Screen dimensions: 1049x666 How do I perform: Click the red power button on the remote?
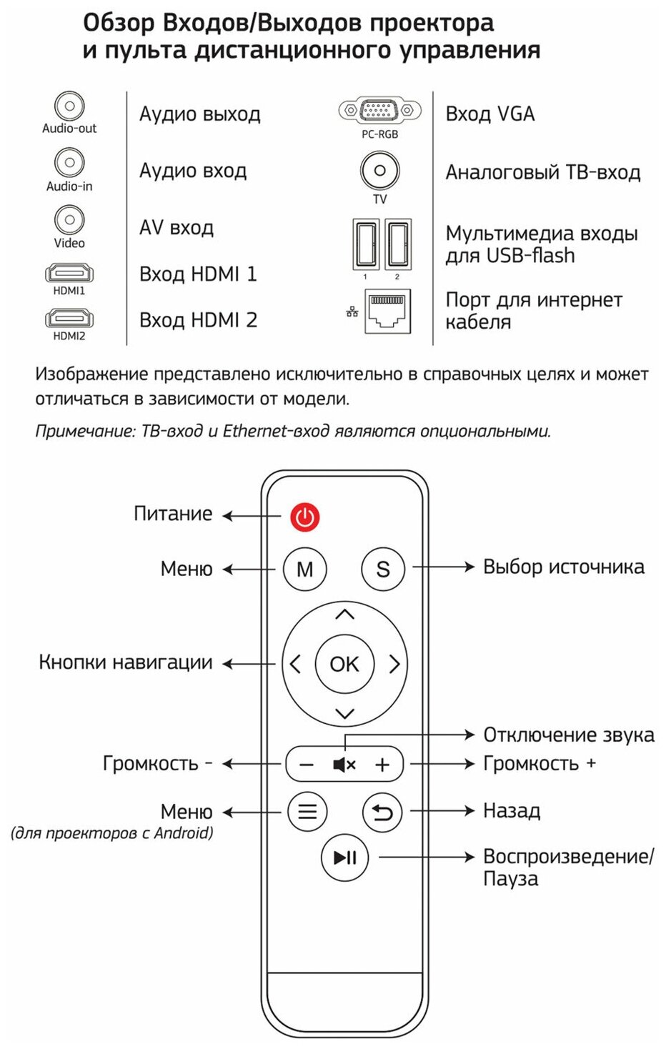click(x=304, y=516)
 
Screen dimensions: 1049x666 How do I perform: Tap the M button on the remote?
click(x=305, y=569)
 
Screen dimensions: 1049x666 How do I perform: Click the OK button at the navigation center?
click(x=344, y=664)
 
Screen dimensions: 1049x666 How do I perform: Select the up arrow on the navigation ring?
click(x=344, y=615)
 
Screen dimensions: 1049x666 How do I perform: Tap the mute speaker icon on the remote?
click(x=344, y=765)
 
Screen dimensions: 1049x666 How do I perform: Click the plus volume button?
click(x=382, y=765)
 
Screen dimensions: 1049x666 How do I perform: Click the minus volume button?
click(x=307, y=765)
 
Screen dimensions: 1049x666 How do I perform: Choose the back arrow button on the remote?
click(x=382, y=812)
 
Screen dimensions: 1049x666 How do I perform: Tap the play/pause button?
click(x=344, y=857)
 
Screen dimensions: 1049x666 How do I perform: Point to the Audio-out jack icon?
click(x=69, y=106)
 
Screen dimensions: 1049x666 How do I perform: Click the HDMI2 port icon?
click(x=69, y=318)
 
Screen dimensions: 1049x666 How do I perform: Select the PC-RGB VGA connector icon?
click(x=379, y=111)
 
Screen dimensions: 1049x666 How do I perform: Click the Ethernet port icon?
click(x=387, y=310)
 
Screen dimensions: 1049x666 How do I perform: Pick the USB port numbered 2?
click(x=397, y=244)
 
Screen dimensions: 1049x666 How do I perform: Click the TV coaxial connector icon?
click(x=379, y=171)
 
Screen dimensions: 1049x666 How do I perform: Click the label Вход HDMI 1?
click(x=198, y=274)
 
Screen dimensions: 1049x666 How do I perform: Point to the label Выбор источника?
click(x=563, y=567)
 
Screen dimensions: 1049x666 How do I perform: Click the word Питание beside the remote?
click(x=173, y=514)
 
